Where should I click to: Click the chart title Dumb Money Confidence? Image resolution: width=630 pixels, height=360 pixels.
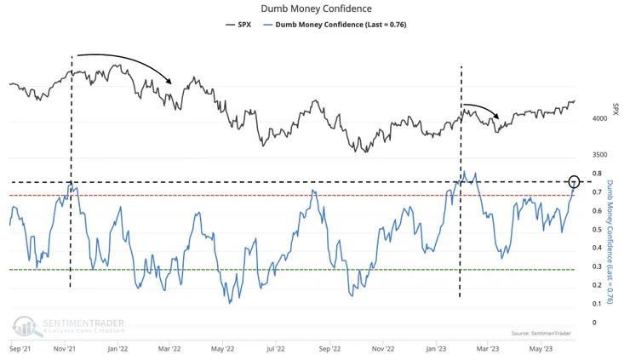click(x=315, y=9)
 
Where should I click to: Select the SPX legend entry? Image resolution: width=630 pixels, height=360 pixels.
click(x=243, y=25)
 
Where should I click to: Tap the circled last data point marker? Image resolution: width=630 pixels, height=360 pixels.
click(x=575, y=182)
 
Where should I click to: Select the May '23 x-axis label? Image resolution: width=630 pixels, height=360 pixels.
click(x=541, y=348)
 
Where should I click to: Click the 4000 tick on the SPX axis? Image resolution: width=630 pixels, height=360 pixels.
click(x=599, y=118)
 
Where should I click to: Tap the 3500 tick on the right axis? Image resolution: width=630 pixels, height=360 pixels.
click(x=599, y=155)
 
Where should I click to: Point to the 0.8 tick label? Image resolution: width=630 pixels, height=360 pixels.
click(x=599, y=174)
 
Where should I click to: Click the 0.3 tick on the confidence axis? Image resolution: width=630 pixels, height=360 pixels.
click(x=599, y=266)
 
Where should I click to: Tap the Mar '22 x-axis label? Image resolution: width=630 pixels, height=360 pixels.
click(x=170, y=348)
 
